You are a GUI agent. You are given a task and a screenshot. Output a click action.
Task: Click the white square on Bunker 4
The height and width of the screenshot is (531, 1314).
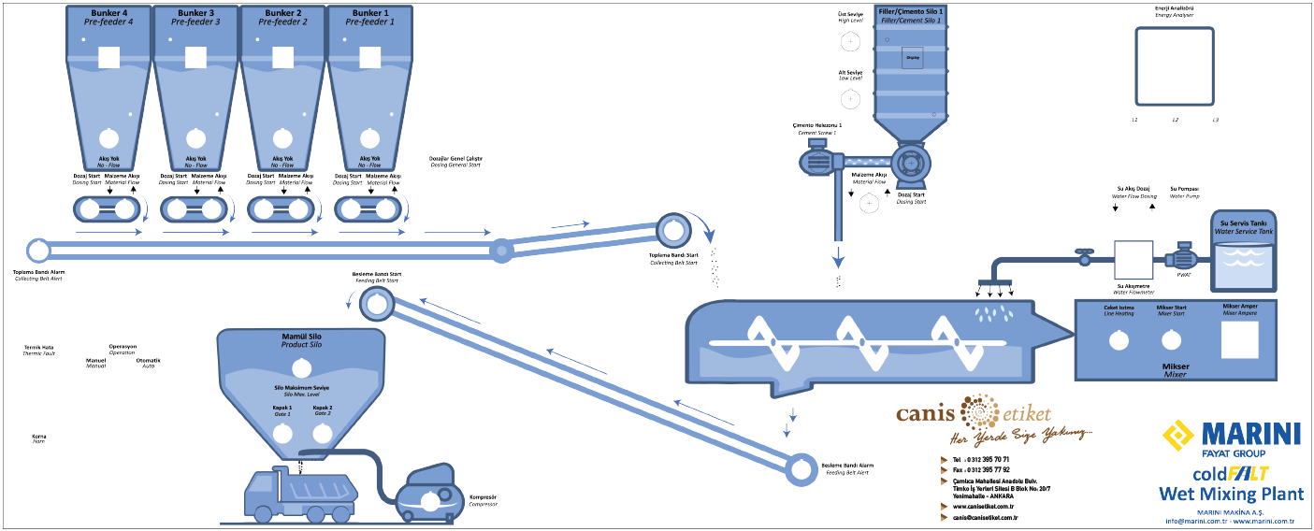[x=109, y=57]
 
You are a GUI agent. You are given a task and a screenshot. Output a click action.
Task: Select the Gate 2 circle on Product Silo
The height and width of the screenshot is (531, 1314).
[x=323, y=433]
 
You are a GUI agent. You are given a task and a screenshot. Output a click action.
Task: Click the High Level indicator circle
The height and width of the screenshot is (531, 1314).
[x=850, y=42]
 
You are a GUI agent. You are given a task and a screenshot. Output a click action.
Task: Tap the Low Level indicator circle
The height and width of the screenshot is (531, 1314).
[x=850, y=98]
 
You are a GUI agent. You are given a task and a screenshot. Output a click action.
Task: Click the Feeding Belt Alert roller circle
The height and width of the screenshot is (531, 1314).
[x=801, y=468]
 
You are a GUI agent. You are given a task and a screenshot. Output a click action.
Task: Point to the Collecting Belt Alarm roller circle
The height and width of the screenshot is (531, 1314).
[x=38, y=251]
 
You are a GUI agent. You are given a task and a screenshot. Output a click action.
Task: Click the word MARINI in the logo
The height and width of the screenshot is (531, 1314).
[x=1249, y=434]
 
